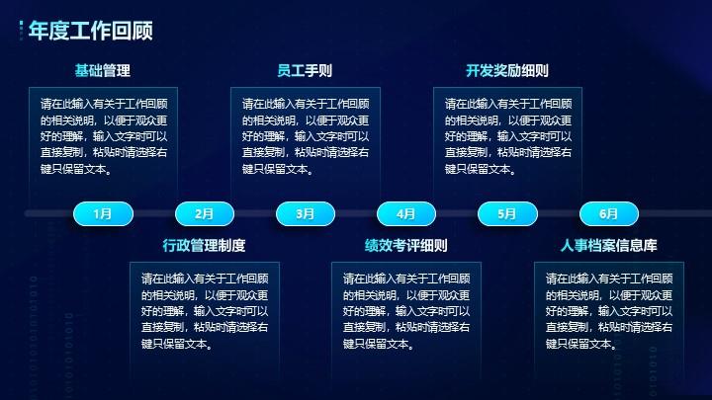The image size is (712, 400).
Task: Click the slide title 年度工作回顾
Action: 90,31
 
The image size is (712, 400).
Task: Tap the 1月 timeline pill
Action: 103,213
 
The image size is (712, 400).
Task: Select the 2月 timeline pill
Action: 205,213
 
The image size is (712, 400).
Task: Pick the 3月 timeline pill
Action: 306,213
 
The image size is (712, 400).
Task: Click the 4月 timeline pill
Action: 406,213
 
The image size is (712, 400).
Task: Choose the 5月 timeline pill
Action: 507,213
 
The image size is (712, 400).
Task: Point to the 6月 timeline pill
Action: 608,213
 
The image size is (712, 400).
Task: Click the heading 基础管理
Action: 103,71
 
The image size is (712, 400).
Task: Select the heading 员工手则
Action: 305,71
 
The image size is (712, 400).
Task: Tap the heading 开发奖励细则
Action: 507,71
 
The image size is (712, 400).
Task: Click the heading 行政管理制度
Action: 204,245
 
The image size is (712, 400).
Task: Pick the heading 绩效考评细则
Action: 406,245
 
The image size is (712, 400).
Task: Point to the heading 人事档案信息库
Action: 608,245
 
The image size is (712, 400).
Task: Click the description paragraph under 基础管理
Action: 104,136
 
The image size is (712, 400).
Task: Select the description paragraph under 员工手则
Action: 306,136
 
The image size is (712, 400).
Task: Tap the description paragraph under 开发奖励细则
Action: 508,136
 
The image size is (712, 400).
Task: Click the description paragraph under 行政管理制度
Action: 205,311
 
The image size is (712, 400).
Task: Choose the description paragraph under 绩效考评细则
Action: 406,311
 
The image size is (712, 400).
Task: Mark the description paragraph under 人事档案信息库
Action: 609,311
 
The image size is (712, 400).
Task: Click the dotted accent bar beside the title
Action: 21,31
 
